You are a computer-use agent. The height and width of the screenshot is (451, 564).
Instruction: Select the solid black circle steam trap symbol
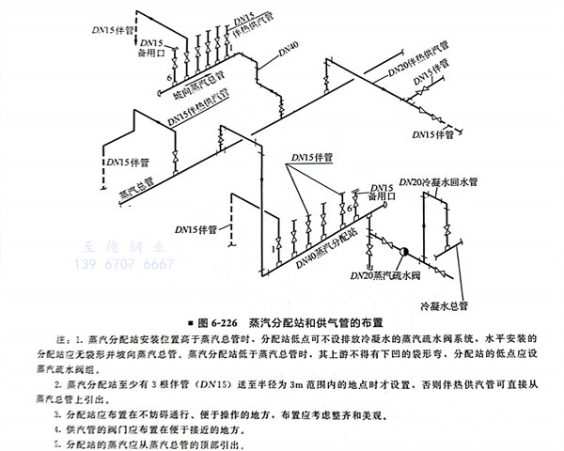point(406,252)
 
